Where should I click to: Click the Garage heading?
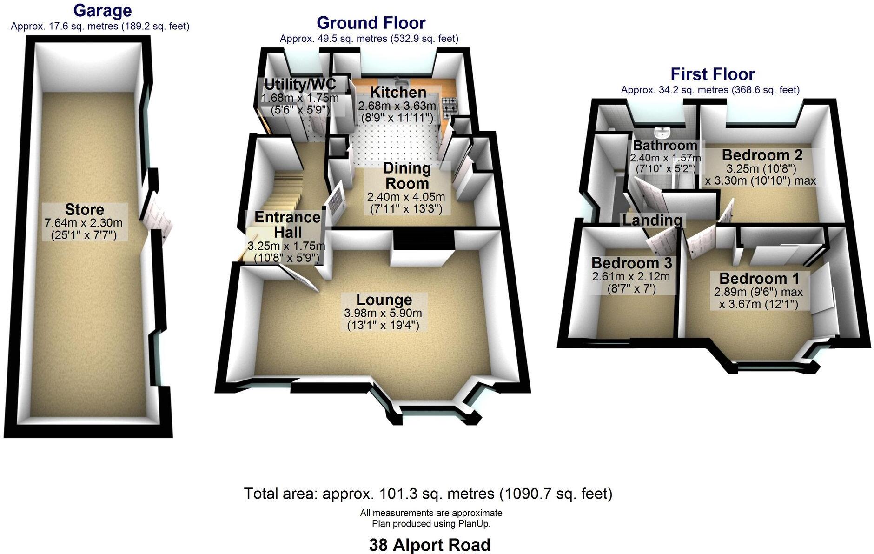coord(102,10)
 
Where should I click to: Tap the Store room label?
coord(84,209)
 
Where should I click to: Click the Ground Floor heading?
coord(371,22)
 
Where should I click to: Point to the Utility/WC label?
coord(300,85)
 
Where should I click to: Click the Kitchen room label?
coord(398,92)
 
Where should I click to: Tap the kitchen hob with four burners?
coord(450,107)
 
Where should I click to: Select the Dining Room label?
coord(407,175)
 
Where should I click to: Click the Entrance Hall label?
coord(287,224)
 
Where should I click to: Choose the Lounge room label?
coord(384,299)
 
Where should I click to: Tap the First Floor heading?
coord(712,74)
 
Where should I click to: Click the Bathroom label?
coord(665,145)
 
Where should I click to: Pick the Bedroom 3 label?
coord(631,263)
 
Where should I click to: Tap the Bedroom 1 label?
coord(759,278)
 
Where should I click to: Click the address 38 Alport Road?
coord(430,544)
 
